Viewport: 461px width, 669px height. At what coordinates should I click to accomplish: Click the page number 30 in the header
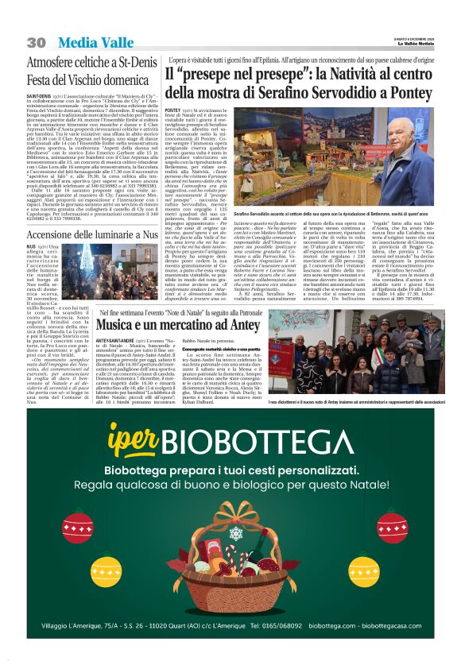[x=36, y=42]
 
